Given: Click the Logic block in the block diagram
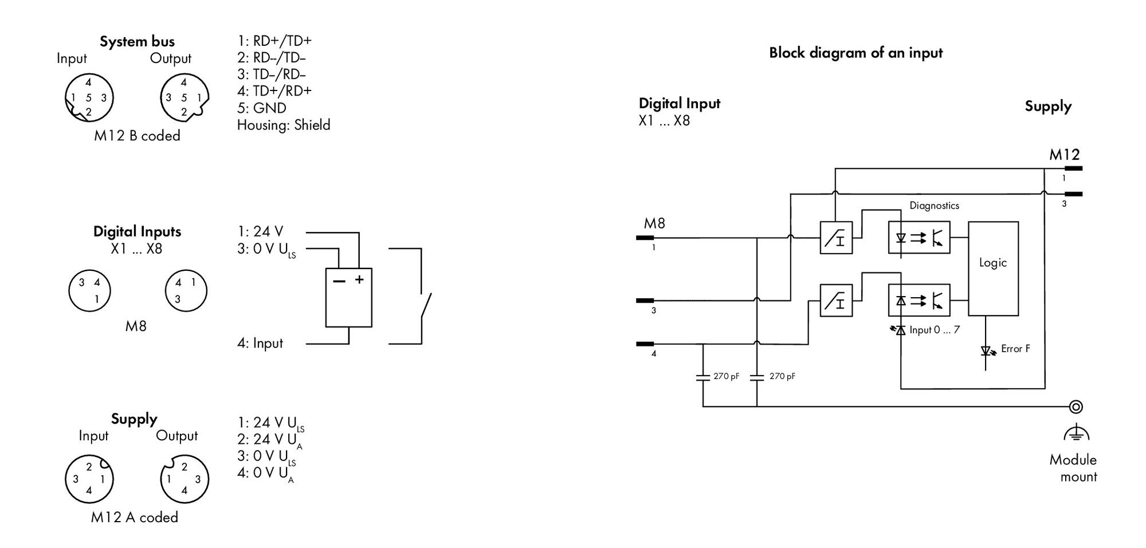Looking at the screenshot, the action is [993, 269].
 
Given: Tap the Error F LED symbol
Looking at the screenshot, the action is [986, 350].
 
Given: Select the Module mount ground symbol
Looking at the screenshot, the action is [1076, 433].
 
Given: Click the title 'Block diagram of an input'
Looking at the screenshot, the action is [855, 53].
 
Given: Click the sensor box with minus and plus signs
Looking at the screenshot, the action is [348, 298].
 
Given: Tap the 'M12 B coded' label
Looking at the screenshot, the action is [137, 136].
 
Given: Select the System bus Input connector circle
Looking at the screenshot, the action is [89, 98].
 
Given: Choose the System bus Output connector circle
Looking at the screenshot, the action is [185, 98].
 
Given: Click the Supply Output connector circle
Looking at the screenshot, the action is [185, 479].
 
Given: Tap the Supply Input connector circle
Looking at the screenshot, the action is [89, 479].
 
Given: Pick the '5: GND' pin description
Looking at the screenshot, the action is [262, 108].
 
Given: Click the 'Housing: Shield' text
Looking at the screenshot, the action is [284, 125].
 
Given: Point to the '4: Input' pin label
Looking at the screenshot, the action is [260, 343].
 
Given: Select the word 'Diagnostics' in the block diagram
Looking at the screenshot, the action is [934, 206].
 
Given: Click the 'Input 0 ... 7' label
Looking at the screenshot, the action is [935, 330].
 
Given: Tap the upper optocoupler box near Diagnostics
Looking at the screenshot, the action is [919, 237].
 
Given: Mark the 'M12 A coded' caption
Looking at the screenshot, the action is [135, 517].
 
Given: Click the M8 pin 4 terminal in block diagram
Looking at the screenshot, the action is [645, 344].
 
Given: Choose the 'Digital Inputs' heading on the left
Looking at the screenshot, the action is [137, 231].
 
